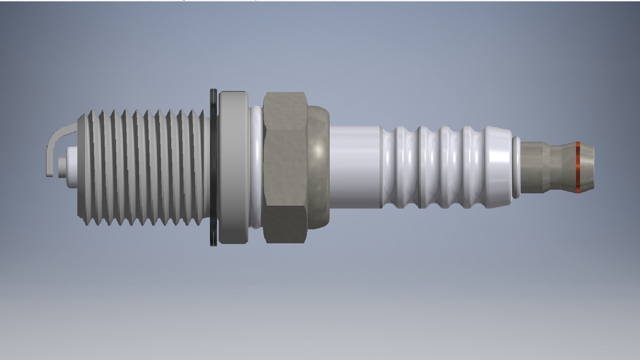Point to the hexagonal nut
[x=285, y=167]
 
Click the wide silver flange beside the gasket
[x=233, y=167]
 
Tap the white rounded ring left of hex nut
[x=256, y=167]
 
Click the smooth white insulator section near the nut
[x=355, y=167]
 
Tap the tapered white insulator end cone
[x=498, y=167]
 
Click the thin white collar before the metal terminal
[x=516, y=167]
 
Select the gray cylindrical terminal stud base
[x=532, y=167]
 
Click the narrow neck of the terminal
[x=556, y=167]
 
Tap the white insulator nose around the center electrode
[x=72, y=167]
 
